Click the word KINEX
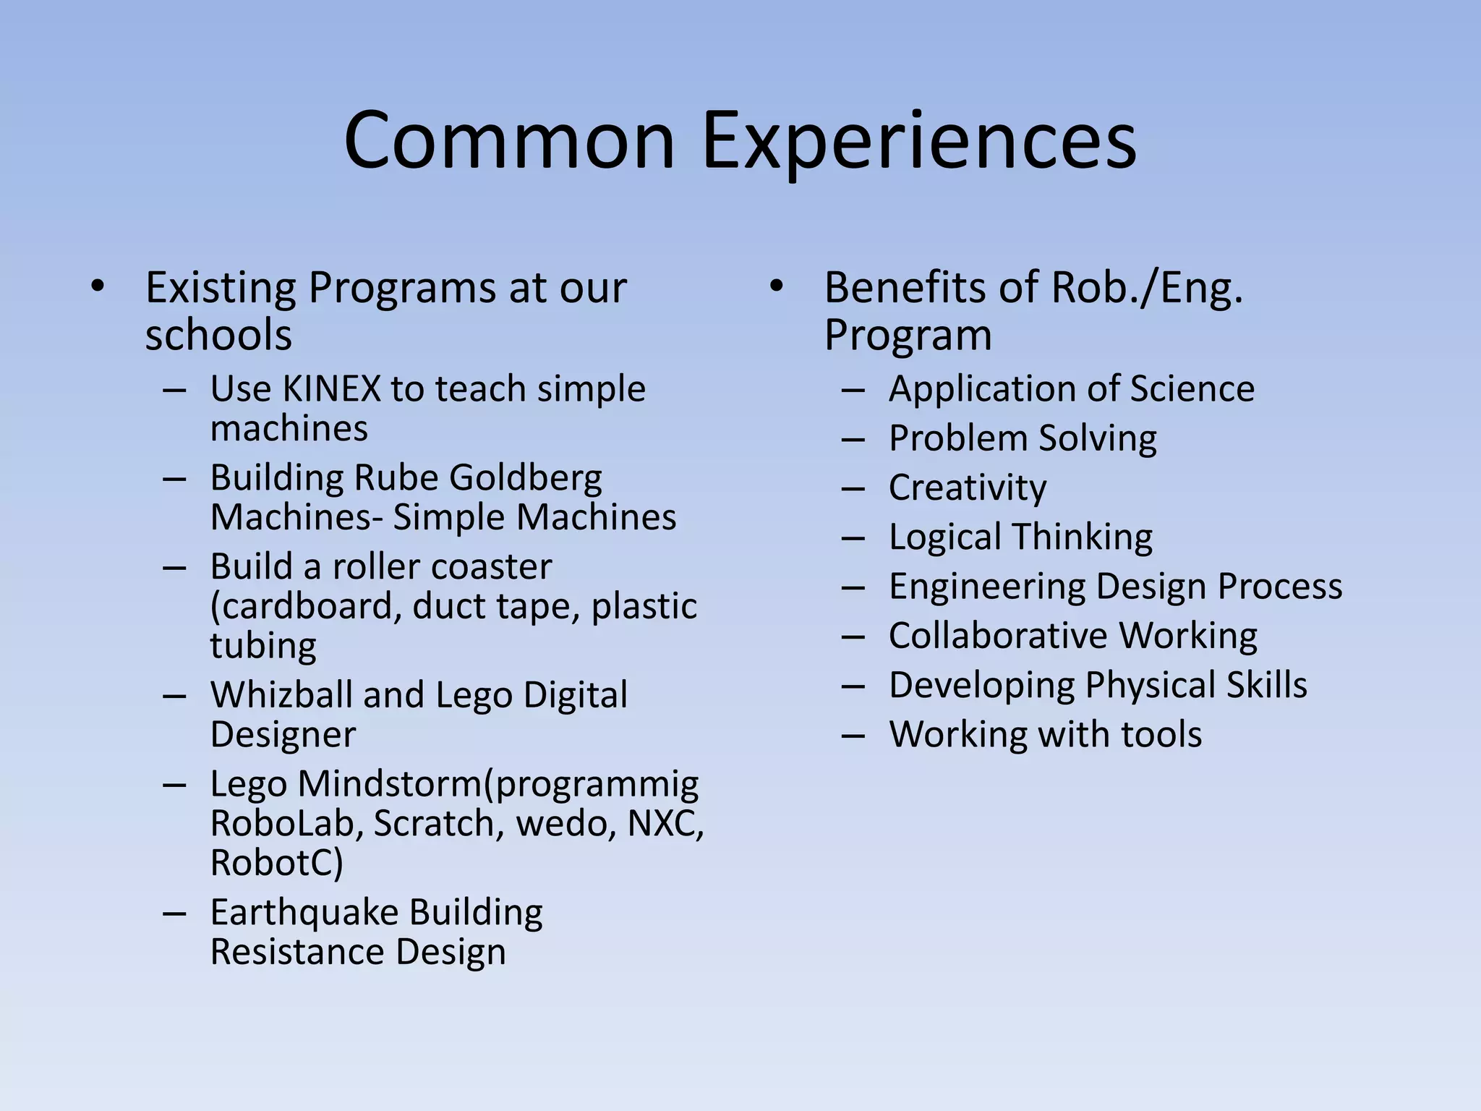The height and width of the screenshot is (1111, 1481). point(331,388)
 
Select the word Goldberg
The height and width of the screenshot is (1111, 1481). point(525,478)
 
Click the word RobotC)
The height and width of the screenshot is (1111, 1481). point(276,862)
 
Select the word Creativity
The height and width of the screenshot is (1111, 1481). point(967,488)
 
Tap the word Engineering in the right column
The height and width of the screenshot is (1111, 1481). point(986,587)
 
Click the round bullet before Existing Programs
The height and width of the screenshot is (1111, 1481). point(98,287)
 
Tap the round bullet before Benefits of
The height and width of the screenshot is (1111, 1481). point(776,287)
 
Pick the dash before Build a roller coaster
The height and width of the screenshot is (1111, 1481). point(175,568)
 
